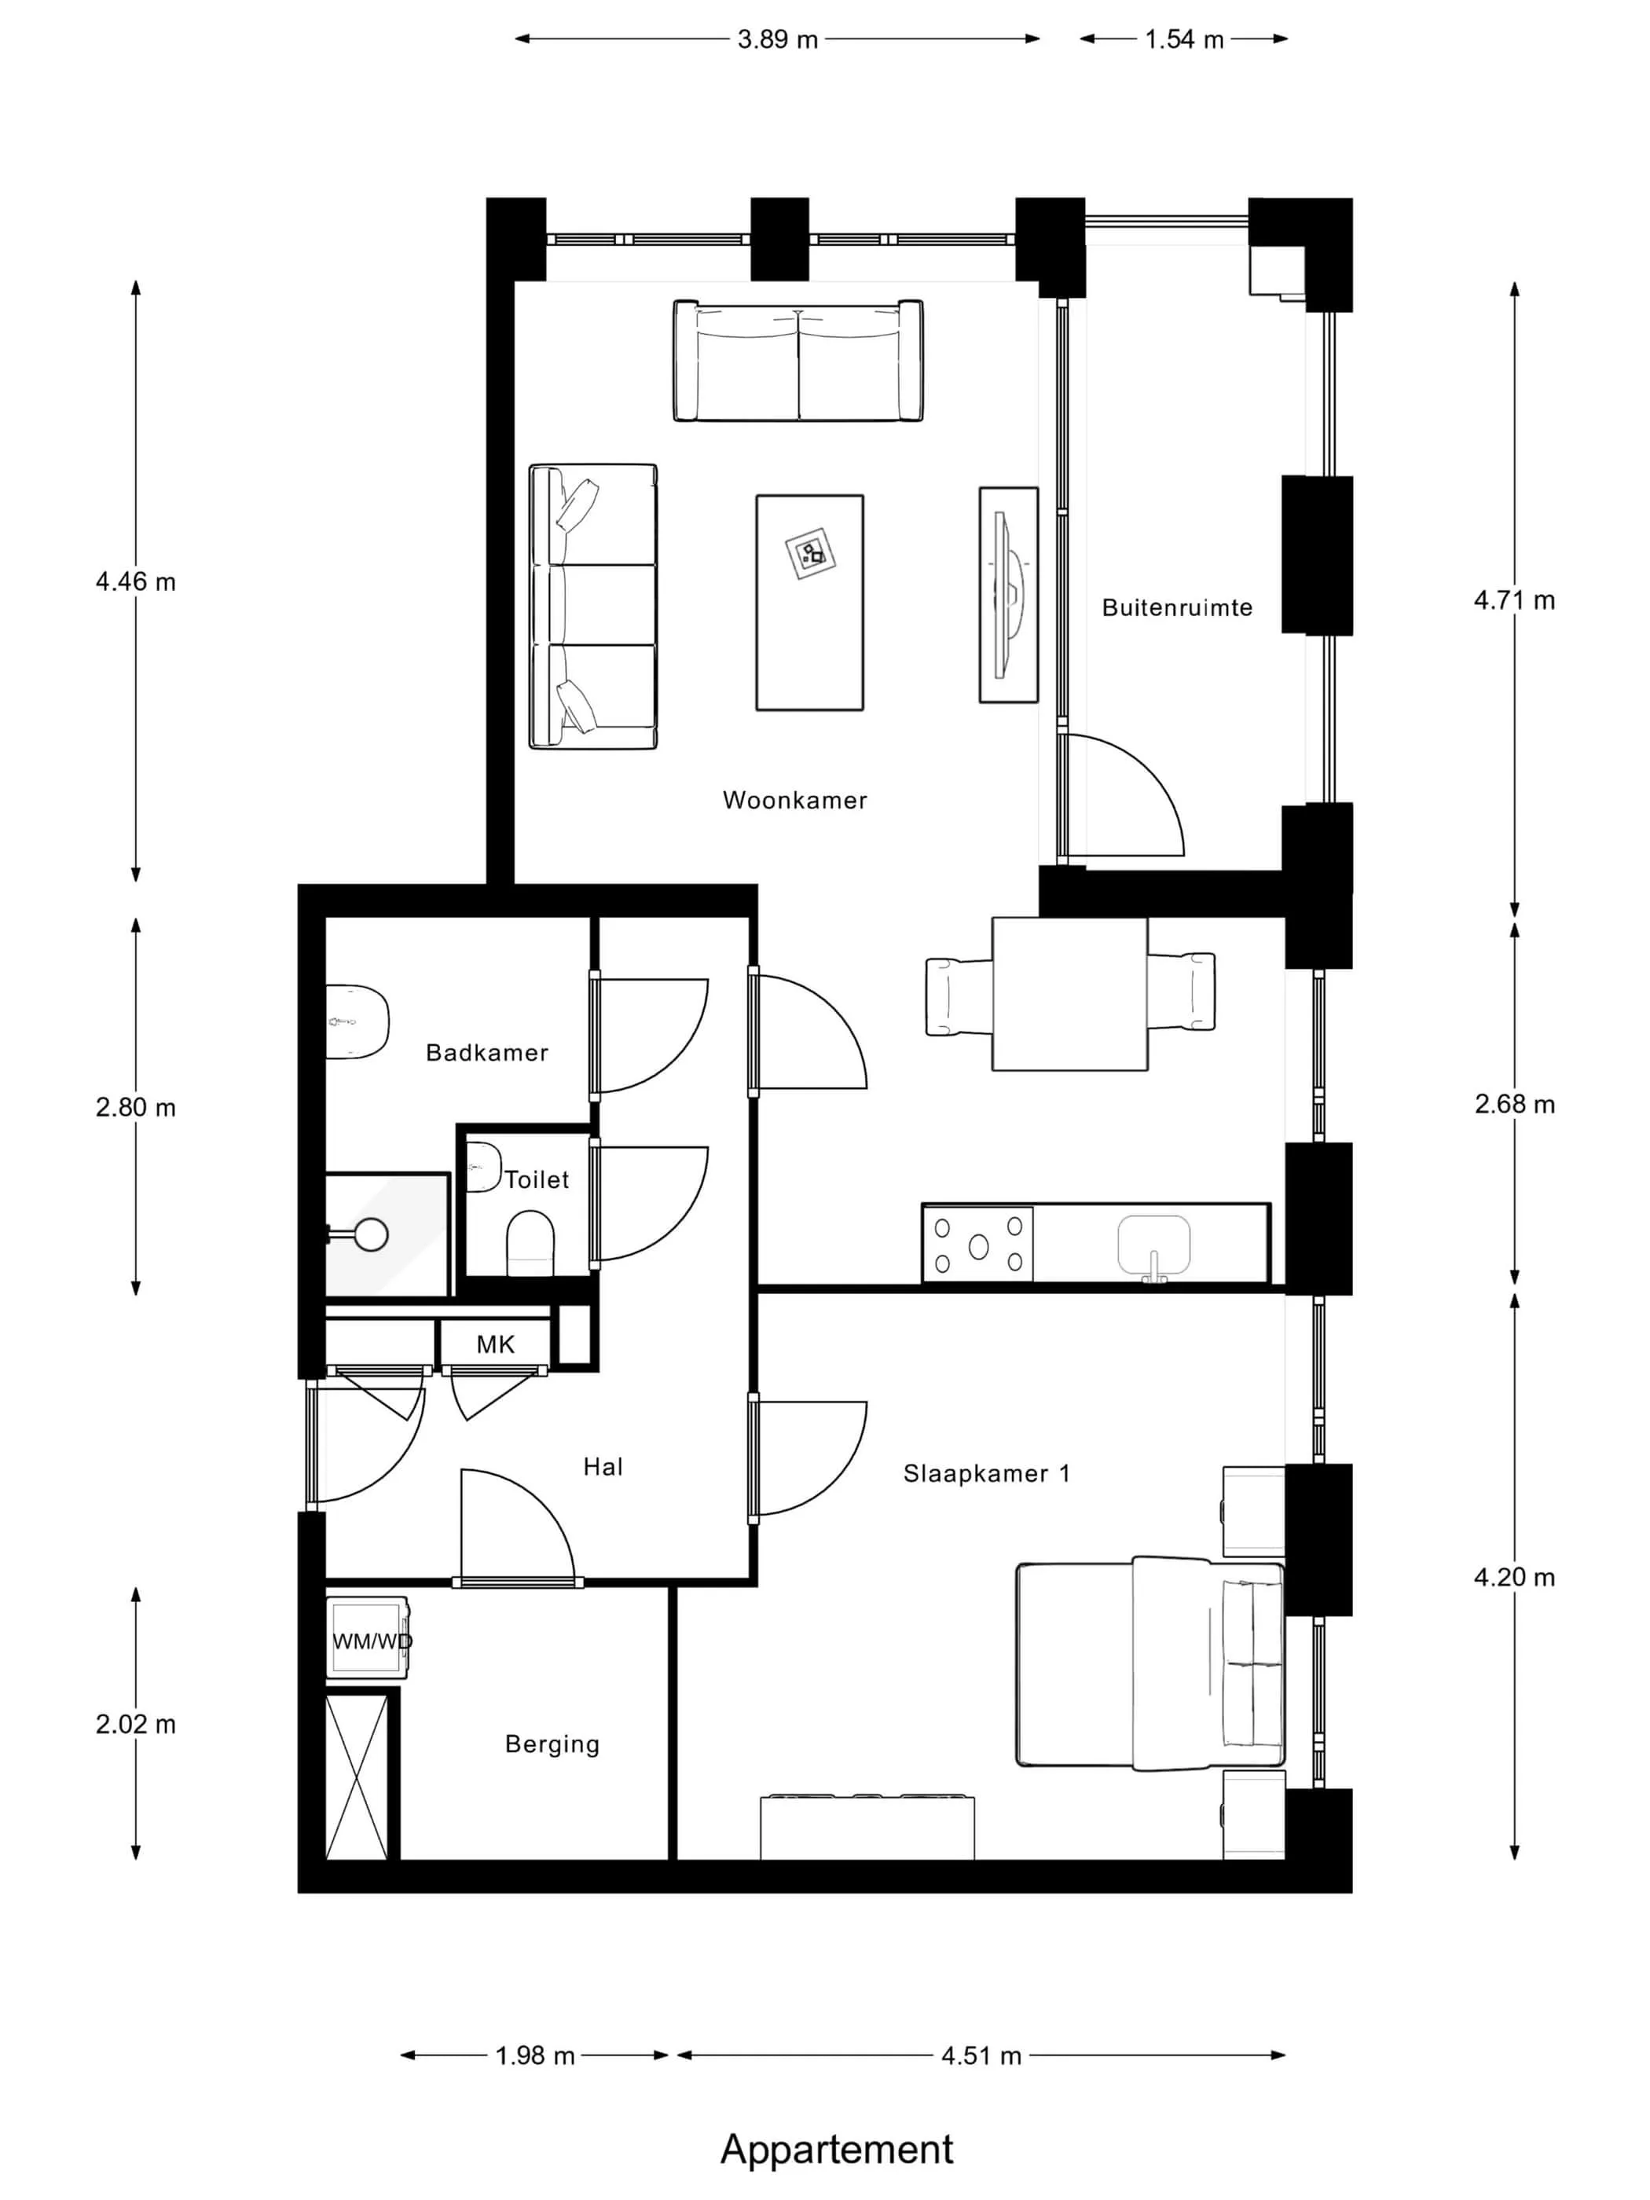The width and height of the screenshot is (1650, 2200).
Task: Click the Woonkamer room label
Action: click(x=794, y=801)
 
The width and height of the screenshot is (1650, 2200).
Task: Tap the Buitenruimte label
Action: click(x=1176, y=607)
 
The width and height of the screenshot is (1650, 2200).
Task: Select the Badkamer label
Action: click(x=486, y=1052)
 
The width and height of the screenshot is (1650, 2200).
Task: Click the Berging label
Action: click(x=552, y=1744)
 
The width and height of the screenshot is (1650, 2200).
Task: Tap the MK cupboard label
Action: click(x=495, y=1344)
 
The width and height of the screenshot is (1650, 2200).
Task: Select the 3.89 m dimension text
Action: click(x=777, y=40)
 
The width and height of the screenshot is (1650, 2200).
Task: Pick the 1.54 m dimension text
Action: click(x=1183, y=40)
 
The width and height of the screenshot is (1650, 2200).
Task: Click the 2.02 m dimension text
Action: click(x=135, y=1724)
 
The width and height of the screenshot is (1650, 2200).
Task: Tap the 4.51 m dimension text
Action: click(x=981, y=2055)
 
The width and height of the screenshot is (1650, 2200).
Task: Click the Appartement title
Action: click(x=837, y=2148)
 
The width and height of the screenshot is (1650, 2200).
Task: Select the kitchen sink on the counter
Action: click(x=1153, y=1245)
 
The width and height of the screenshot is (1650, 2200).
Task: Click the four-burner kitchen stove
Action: click(x=977, y=1245)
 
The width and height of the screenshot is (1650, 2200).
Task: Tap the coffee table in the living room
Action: click(x=809, y=603)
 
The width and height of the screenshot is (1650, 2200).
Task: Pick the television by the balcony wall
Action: click(x=1009, y=595)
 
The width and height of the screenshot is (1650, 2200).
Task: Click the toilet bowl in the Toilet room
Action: click(x=530, y=1242)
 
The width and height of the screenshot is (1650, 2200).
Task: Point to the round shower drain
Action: click(x=372, y=1234)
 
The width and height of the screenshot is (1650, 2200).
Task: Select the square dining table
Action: click(x=1070, y=994)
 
